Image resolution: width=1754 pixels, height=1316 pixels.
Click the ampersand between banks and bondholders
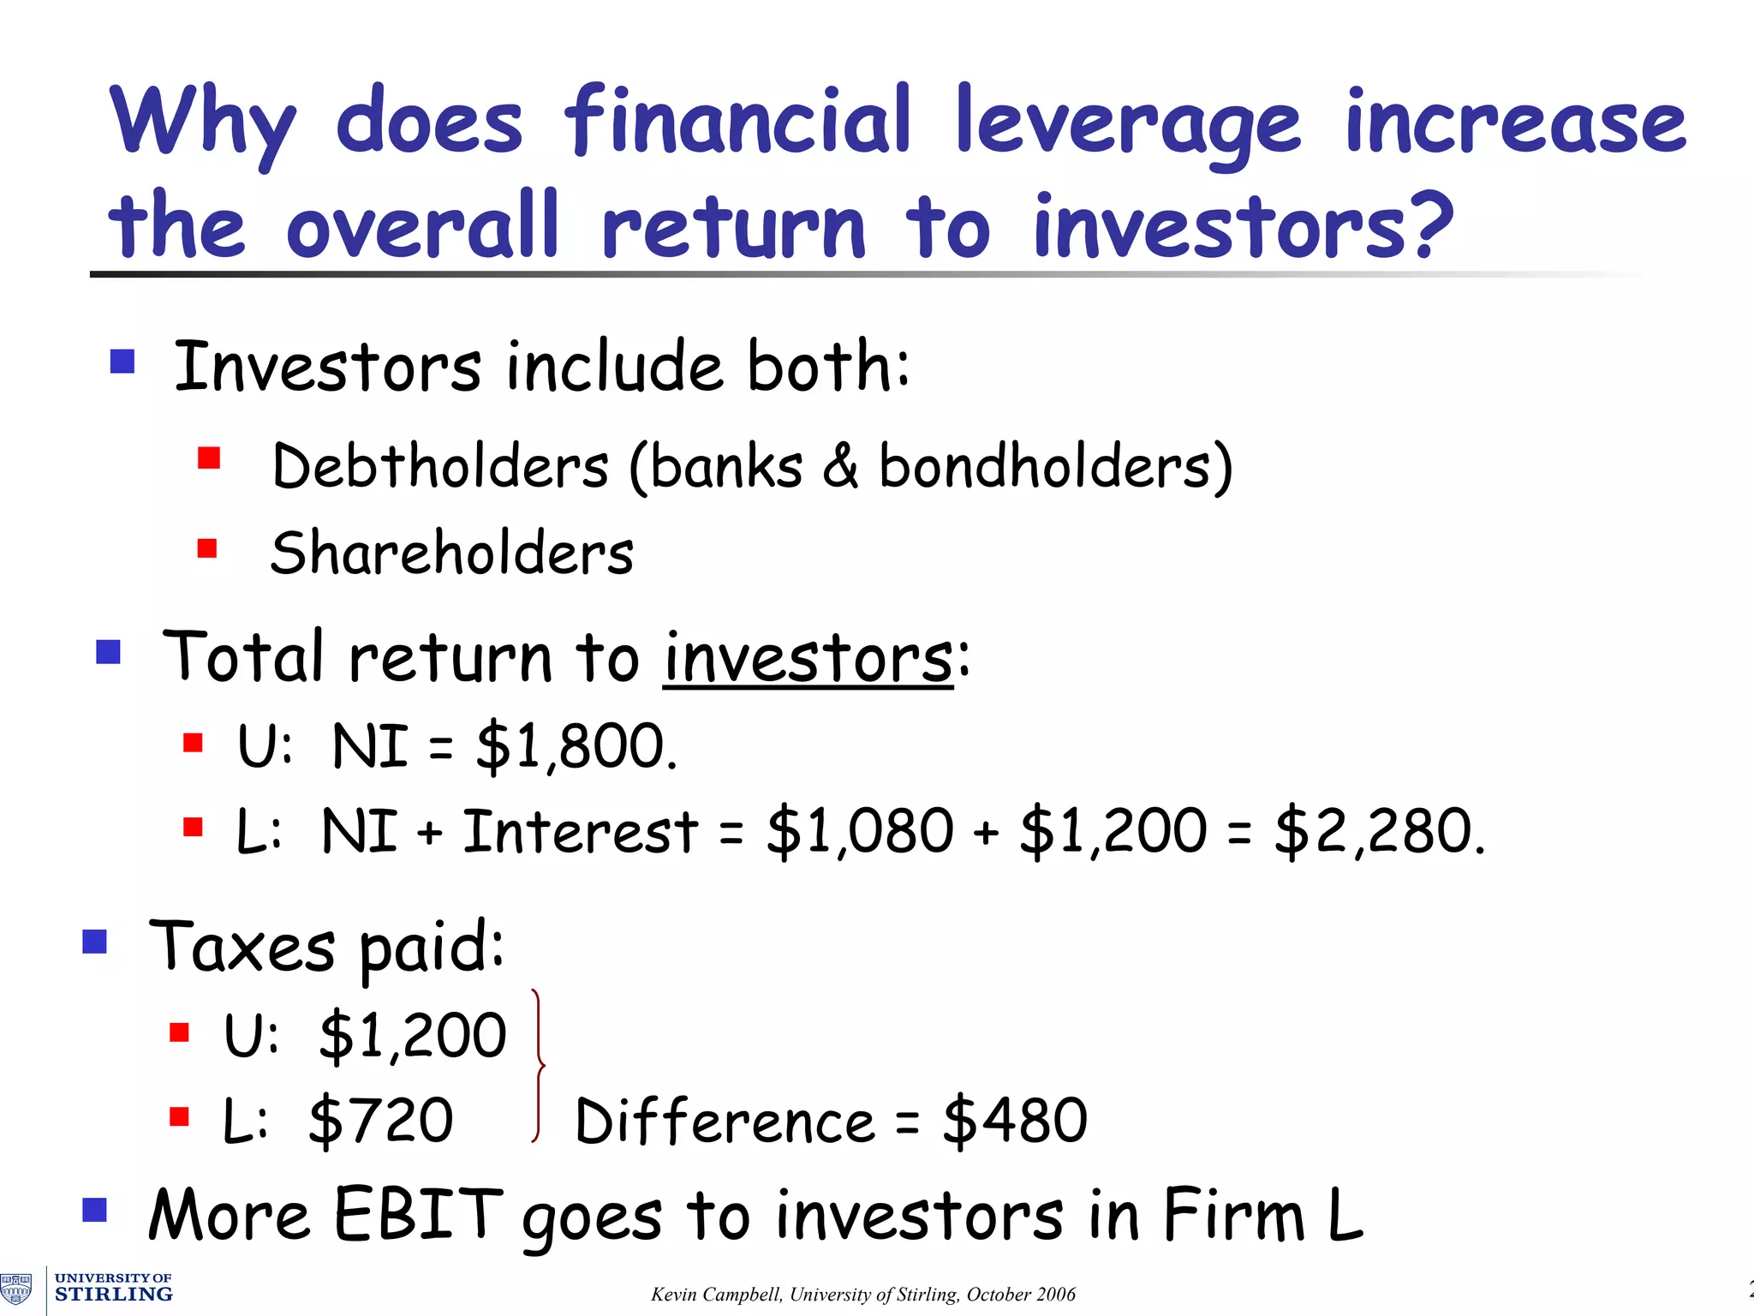click(840, 467)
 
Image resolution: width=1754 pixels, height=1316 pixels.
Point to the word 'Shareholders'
click(452, 553)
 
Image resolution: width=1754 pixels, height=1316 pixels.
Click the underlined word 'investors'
click(808, 658)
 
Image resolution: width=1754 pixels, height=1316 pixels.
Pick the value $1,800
click(576, 745)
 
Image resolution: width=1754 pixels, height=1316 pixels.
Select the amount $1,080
click(859, 831)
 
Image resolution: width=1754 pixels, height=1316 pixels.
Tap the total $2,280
click(1378, 831)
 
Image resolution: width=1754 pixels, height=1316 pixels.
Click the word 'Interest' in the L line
click(581, 831)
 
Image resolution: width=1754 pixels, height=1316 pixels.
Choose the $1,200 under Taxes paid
click(413, 1035)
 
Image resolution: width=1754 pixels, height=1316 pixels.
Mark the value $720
click(381, 1120)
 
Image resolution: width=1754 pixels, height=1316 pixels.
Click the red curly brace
click(538, 1067)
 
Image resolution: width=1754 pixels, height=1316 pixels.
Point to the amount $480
click(1015, 1120)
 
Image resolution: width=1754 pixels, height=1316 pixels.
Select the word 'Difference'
click(725, 1122)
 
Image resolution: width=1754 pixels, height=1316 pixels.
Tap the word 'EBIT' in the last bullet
click(418, 1214)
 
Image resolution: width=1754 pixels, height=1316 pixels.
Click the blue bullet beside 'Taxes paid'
click(94, 942)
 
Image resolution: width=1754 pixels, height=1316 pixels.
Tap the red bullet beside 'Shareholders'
click(207, 547)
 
